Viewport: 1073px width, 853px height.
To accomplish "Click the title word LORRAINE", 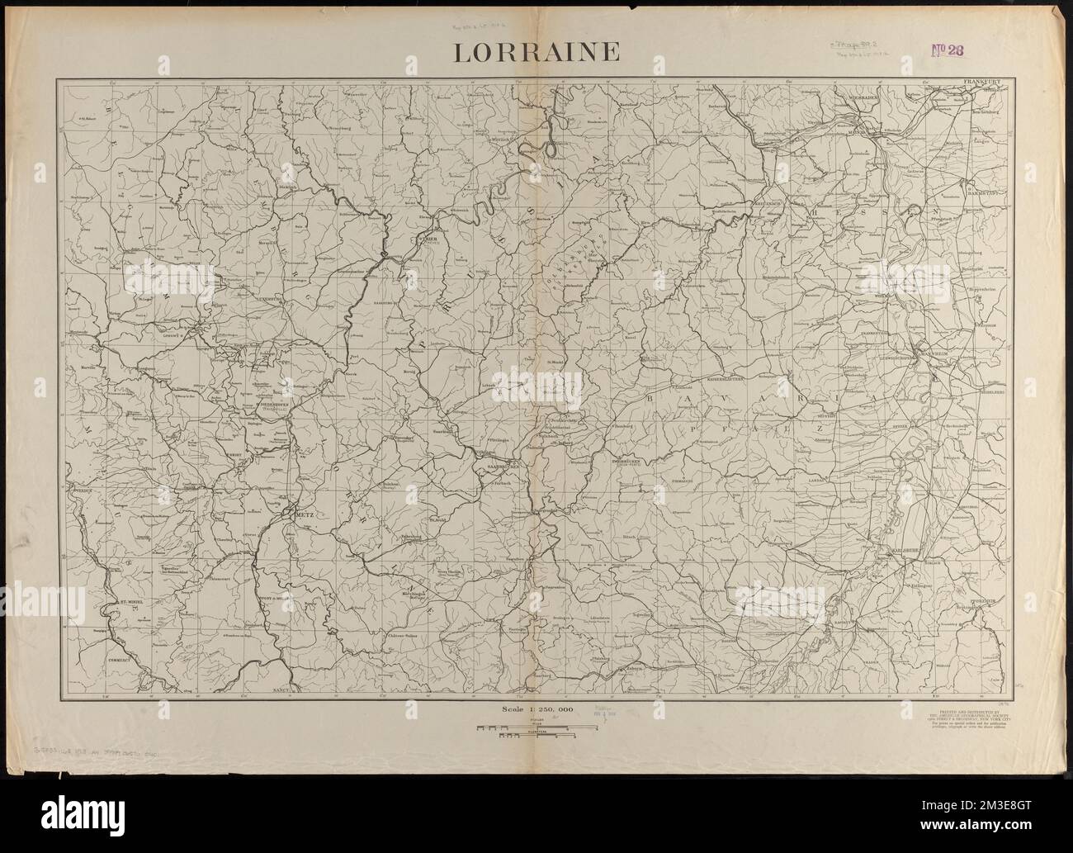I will point(536,52).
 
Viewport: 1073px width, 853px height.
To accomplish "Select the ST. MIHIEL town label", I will point(132,603).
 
